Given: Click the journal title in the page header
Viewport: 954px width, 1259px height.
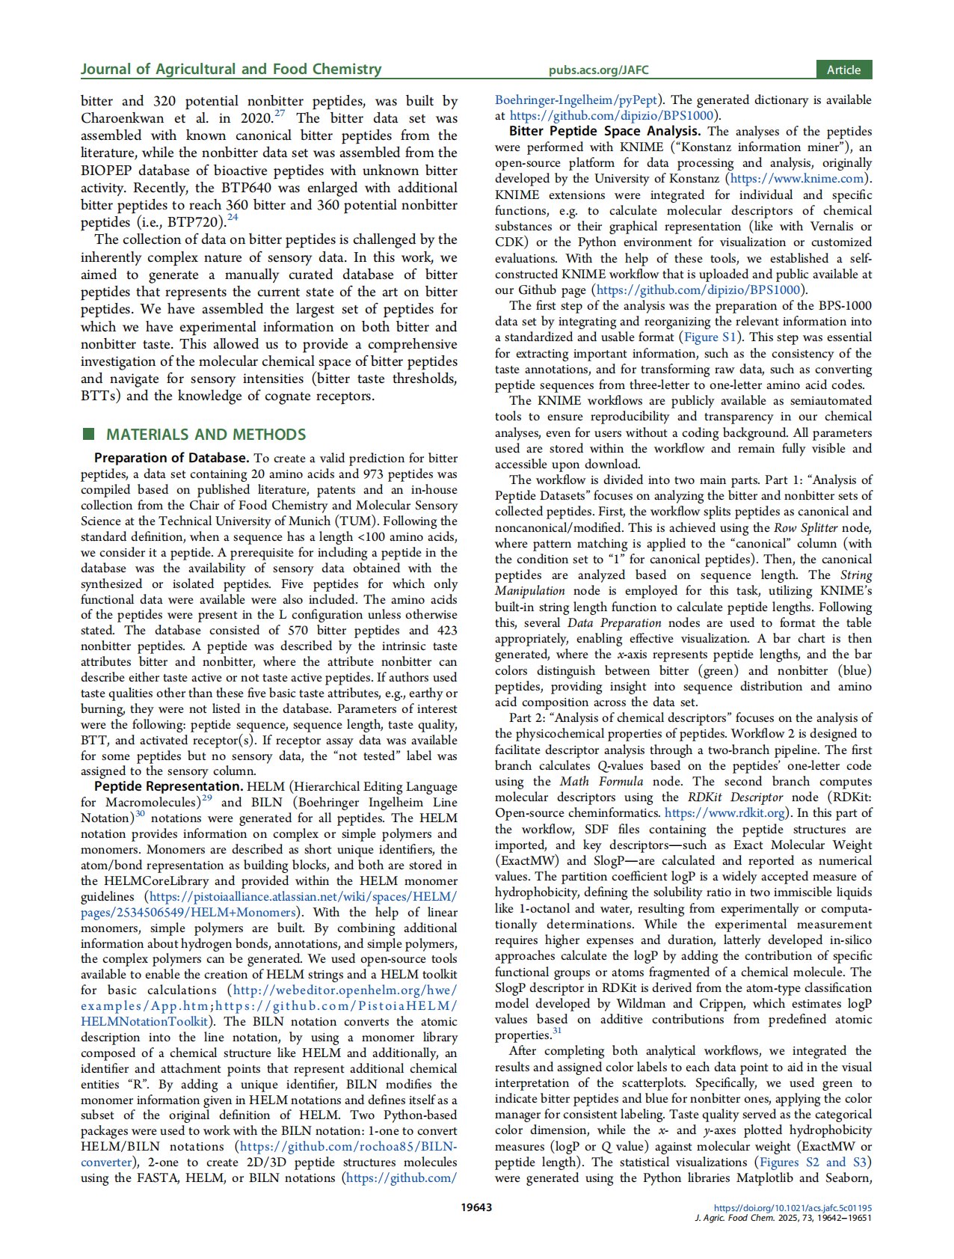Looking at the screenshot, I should pos(231,70).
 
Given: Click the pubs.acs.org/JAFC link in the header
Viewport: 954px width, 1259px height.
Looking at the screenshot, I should pos(598,70).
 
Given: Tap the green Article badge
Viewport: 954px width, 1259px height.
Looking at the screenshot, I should pos(843,70).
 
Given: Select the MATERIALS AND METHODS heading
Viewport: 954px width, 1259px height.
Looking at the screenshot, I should pos(206,435).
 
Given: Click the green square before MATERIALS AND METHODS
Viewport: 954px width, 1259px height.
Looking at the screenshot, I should pos(89,434).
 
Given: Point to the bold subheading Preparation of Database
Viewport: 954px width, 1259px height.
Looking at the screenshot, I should pos(171,458).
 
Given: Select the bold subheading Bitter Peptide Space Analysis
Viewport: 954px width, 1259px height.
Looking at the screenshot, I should pos(605,131).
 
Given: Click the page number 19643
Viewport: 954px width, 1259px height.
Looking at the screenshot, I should pos(477,1207).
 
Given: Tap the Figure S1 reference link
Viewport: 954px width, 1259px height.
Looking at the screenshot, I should pos(710,337).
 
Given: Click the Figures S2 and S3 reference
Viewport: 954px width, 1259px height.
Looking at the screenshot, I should pos(813,1162).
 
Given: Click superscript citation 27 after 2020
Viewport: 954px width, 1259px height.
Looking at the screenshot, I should pos(280,114).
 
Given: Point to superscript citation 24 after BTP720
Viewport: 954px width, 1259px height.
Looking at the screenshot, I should pos(233,218).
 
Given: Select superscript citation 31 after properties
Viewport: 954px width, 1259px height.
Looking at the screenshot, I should pos(557,1032).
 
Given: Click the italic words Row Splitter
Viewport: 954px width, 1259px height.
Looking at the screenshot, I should pos(805,527).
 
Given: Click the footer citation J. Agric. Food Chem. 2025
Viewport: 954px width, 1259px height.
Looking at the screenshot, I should pos(783,1218).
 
